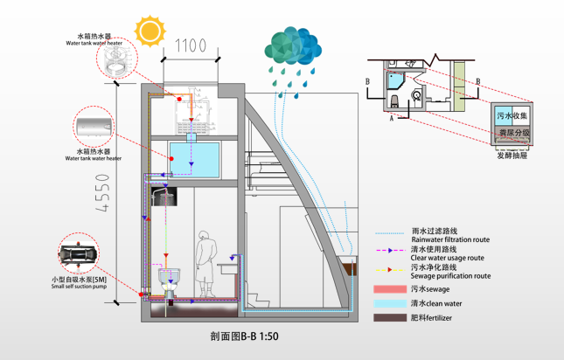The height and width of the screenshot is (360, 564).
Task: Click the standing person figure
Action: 205,261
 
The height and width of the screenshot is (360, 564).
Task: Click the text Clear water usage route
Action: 447,258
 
